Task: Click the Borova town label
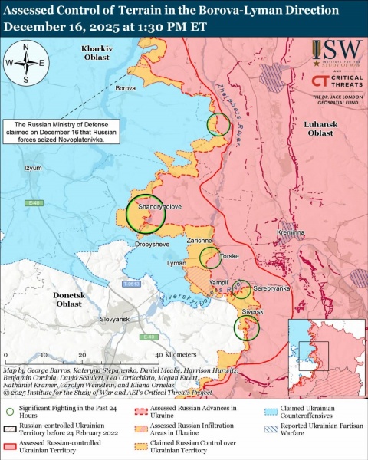[125, 88]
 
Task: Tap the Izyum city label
[34, 167]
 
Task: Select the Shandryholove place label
[138, 208]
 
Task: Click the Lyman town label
[176, 263]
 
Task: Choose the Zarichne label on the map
[199, 241]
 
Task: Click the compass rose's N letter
[26, 47]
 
